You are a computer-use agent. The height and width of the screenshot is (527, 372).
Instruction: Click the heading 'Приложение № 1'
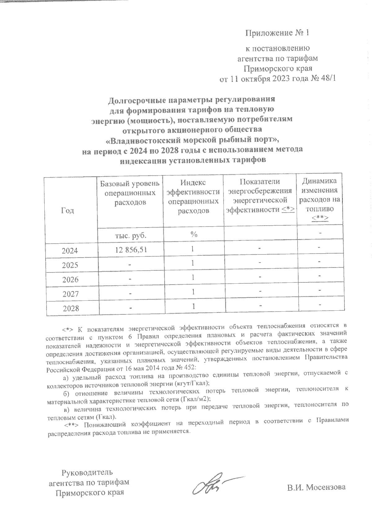point(277,33)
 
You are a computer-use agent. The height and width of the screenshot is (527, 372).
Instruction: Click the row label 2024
point(70,251)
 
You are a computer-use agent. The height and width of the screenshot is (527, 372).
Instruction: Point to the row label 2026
point(70,280)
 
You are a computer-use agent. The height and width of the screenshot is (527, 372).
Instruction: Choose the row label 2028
point(70,309)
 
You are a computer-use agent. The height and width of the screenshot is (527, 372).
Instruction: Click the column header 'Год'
point(67,210)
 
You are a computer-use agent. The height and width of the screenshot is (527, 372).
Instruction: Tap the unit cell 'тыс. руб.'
point(130,236)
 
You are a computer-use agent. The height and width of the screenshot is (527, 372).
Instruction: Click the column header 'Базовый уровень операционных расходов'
point(130,193)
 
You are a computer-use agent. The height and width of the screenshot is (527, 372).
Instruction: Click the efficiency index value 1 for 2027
point(193,292)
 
